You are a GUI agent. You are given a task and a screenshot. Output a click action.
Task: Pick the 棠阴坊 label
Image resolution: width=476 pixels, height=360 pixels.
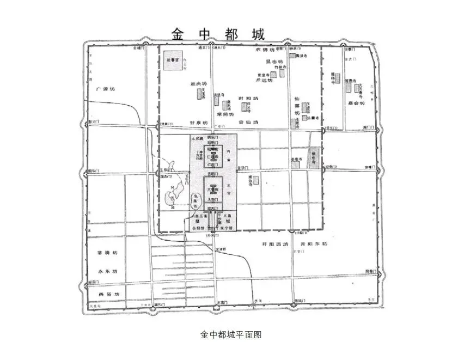click(x=224, y=114)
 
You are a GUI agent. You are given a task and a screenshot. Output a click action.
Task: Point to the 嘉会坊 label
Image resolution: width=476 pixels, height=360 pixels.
click(x=356, y=103)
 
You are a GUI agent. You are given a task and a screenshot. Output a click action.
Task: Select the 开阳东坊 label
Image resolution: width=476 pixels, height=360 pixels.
click(x=314, y=244)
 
